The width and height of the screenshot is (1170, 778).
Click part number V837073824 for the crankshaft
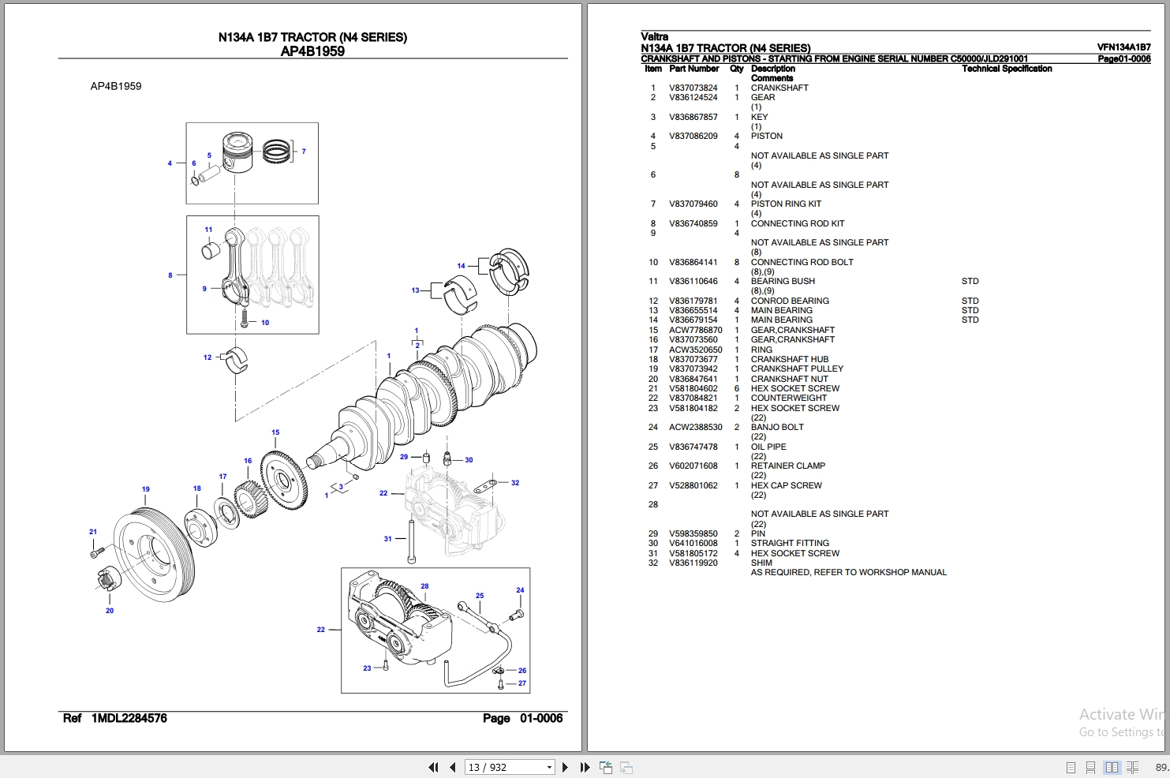tap(693, 88)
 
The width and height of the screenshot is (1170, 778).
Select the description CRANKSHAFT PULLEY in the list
tap(797, 368)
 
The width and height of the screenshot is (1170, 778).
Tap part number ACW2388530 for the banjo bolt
tap(695, 427)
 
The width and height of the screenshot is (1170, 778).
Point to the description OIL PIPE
tap(768, 447)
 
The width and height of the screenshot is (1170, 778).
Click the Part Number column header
tap(693, 69)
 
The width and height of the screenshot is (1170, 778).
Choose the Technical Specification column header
tap(1007, 69)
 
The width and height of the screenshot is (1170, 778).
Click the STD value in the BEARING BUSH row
tap(970, 281)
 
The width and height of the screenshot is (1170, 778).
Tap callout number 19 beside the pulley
tap(145, 489)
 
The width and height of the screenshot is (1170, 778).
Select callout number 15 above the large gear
tap(275, 432)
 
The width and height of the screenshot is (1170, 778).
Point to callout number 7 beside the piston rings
tap(304, 151)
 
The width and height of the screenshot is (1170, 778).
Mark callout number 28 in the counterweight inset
tap(424, 586)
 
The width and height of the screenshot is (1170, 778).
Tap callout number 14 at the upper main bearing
tap(461, 266)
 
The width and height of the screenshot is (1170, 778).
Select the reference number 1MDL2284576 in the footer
tap(129, 718)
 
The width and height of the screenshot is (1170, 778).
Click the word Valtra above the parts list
tap(654, 36)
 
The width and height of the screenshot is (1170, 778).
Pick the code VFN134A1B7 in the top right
tap(1123, 47)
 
